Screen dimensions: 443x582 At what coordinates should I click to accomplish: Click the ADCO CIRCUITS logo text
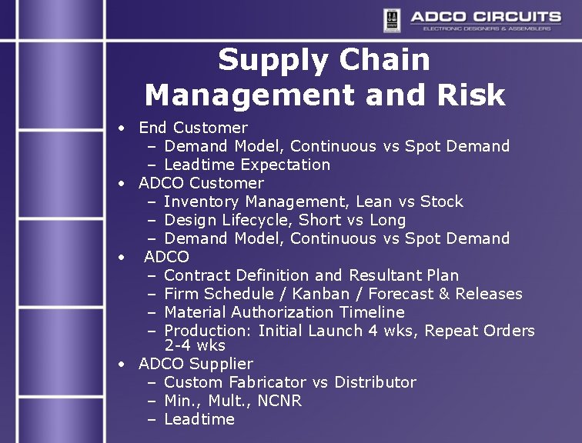pos(485,16)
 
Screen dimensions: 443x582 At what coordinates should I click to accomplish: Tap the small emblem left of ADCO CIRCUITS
pos(392,19)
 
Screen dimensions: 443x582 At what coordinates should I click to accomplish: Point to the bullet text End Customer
pos(192,128)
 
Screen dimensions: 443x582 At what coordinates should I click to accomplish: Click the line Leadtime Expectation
pos(247,165)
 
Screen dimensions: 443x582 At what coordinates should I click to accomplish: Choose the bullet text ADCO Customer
pos(201,183)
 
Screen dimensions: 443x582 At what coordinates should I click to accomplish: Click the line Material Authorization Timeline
pos(284,312)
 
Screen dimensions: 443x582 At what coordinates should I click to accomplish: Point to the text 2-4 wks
pos(195,346)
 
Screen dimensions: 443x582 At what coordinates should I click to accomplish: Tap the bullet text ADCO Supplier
pos(196,364)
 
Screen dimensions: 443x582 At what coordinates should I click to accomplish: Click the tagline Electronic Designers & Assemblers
pos(487,28)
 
